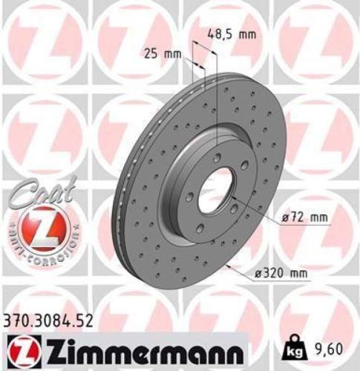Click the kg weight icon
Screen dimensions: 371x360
[295, 346]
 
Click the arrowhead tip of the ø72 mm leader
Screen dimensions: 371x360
[231, 199]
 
